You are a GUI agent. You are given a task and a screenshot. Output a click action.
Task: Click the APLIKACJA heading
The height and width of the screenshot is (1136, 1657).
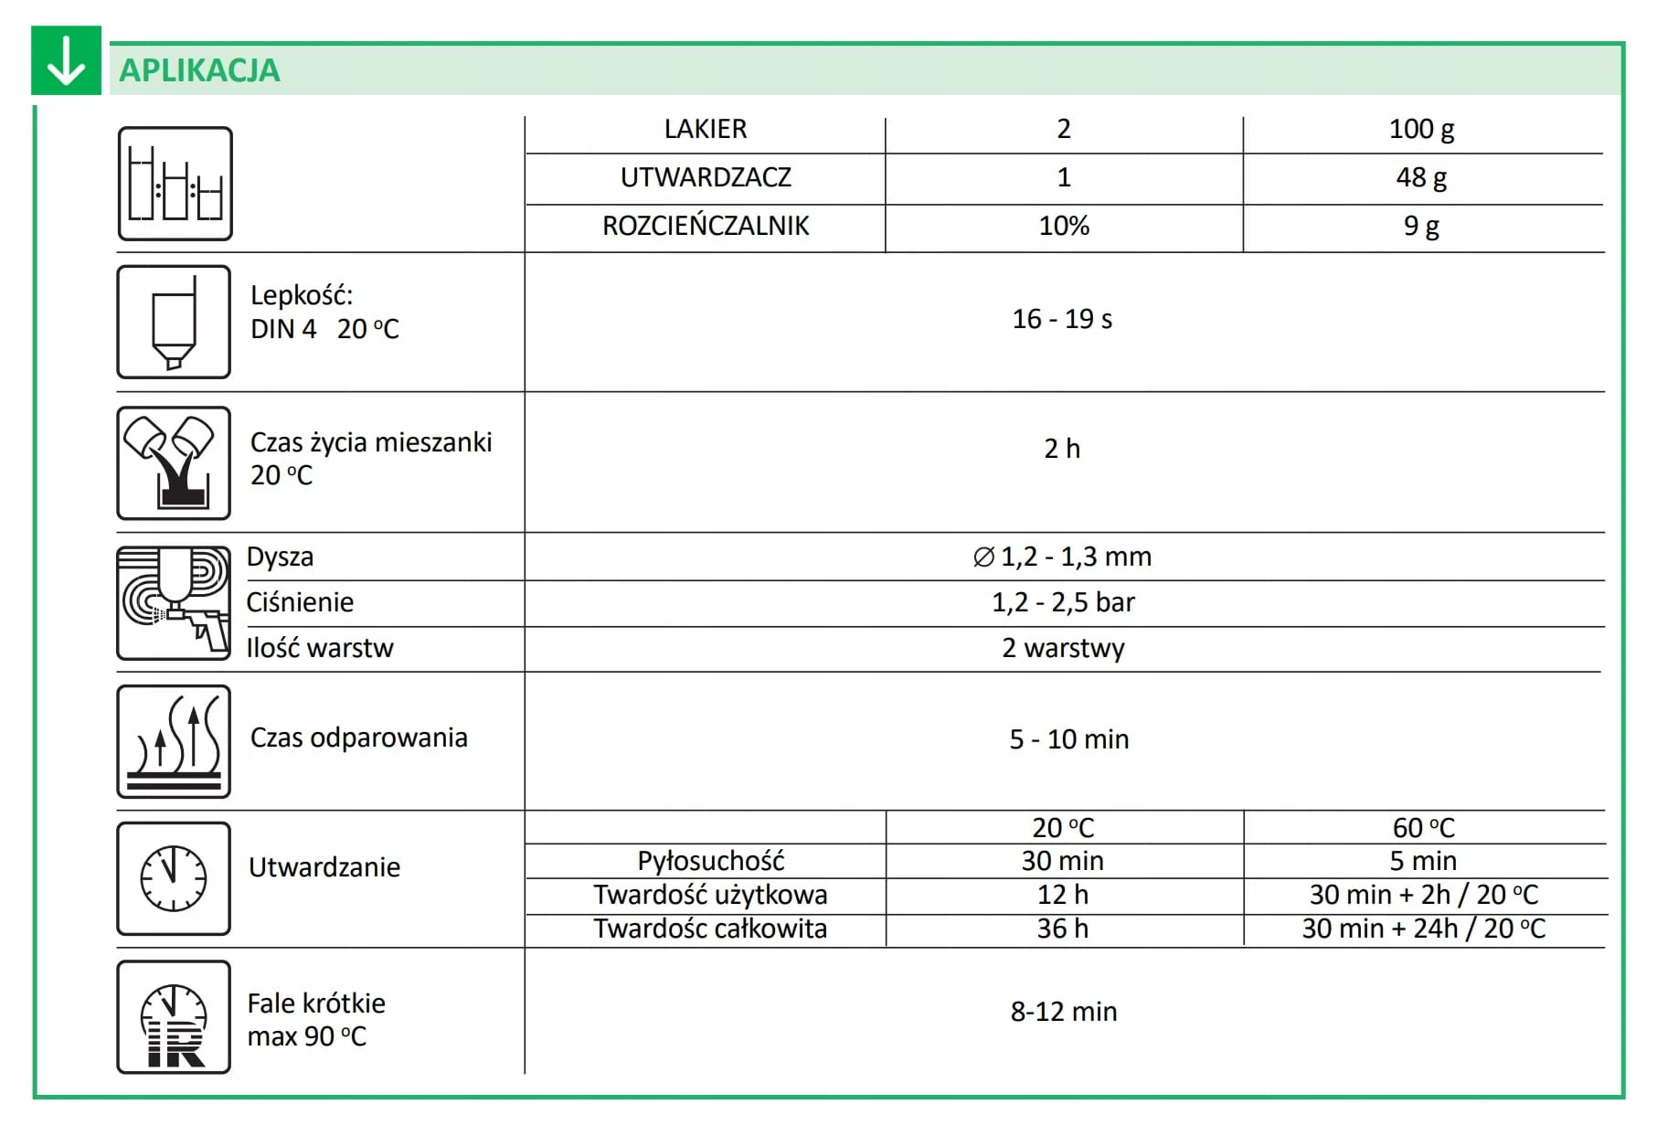(199, 70)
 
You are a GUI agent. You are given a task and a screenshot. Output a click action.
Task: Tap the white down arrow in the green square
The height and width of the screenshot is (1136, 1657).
(66, 61)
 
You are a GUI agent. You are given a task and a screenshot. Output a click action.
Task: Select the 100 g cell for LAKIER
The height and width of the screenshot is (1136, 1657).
(1421, 129)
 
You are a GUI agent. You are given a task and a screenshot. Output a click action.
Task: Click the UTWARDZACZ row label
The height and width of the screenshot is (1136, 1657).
(706, 177)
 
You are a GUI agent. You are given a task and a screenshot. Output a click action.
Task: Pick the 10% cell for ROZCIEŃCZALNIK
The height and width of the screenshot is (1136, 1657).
(1064, 226)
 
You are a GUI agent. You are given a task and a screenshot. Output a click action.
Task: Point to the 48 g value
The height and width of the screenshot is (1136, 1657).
(1421, 177)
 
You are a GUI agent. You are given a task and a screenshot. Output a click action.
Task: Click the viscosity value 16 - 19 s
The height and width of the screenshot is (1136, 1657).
(1062, 319)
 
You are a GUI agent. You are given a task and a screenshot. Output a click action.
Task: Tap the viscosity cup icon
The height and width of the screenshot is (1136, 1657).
(174, 322)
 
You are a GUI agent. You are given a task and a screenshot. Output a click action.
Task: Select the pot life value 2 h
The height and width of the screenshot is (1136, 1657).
(1062, 449)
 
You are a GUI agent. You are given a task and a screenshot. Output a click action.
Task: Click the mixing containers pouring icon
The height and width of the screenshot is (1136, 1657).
(174, 463)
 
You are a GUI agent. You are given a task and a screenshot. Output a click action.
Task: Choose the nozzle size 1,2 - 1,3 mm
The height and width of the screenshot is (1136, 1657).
(1062, 557)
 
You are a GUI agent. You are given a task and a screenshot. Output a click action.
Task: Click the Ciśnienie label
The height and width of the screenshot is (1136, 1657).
(300, 602)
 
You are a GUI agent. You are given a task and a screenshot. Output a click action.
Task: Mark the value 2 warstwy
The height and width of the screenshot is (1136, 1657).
(1063, 648)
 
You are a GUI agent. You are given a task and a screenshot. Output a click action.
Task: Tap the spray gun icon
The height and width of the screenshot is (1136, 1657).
(174, 603)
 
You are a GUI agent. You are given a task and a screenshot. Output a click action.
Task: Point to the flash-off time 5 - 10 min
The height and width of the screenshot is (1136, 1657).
(1068, 738)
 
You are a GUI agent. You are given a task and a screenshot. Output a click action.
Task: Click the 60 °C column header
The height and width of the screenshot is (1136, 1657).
(1423, 828)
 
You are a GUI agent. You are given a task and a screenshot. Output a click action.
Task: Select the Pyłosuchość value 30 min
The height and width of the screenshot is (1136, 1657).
(1062, 861)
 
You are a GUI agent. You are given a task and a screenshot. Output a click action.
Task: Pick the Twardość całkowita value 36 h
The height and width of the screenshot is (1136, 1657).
(1062, 929)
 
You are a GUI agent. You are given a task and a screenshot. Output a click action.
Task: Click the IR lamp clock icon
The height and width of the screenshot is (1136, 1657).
(174, 1017)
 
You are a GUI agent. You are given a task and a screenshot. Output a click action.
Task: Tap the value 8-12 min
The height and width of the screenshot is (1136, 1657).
(1063, 1012)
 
